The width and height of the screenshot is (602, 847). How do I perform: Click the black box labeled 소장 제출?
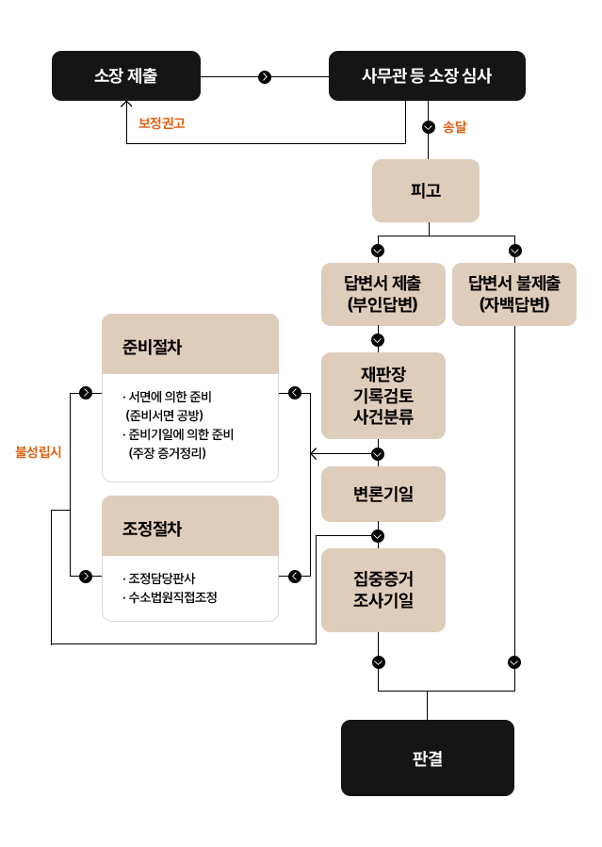click(x=126, y=75)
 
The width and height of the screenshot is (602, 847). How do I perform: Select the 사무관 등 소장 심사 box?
click(x=427, y=75)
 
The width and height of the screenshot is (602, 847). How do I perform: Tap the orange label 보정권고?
click(x=162, y=123)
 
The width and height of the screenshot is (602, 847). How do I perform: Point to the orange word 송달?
click(x=455, y=127)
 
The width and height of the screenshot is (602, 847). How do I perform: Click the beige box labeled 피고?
click(x=426, y=190)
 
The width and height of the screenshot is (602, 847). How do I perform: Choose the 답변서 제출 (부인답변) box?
click(x=382, y=294)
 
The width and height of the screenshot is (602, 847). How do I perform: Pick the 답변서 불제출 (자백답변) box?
click(x=514, y=294)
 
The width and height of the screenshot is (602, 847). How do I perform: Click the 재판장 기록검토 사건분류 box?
click(x=382, y=396)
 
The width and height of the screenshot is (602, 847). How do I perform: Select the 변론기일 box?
click(x=382, y=494)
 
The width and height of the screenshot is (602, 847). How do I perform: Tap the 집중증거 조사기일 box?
click(x=382, y=590)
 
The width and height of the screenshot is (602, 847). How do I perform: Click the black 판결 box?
click(x=427, y=758)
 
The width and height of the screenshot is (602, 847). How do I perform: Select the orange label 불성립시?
click(x=39, y=452)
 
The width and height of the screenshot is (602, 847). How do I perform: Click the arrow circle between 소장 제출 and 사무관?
click(x=265, y=76)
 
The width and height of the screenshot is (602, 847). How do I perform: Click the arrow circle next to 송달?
click(x=429, y=127)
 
